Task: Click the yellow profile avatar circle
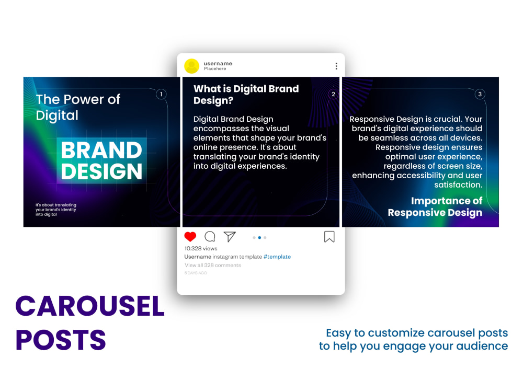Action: pyautogui.click(x=192, y=66)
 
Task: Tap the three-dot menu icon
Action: pyautogui.click(x=336, y=66)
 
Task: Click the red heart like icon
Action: pyautogui.click(x=190, y=237)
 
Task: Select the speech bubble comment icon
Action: pyautogui.click(x=210, y=237)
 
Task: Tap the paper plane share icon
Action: pyautogui.click(x=230, y=237)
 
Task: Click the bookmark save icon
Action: pyautogui.click(x=329, y=237)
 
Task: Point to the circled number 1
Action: pyautogui.click(x=161, y=95)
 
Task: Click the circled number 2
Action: pyautogui.click(x=333, y=95)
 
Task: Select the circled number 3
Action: pyautogui.click(x=480, y=95)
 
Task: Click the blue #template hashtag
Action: pyautogui.click(x=277, y=257)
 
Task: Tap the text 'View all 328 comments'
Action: pyautogui.click(x=213, y=265)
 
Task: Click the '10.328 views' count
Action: pyautogui.click(x=201, y=248)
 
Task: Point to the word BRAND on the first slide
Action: pyautogui.click(x=101, y=151)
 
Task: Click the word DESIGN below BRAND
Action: pyautogui.click(x=101, y=171)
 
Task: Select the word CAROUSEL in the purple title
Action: pyautogui.click(x=90, y=307)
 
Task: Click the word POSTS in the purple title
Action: pyautogui.click(x=61, y=340)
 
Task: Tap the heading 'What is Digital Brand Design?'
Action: pyautogui.click(x=246, y=95)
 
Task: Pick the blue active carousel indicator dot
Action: pyautogui.click(x=259, y=237)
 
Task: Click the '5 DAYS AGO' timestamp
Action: pyautogui.click(x=196, y=273)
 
